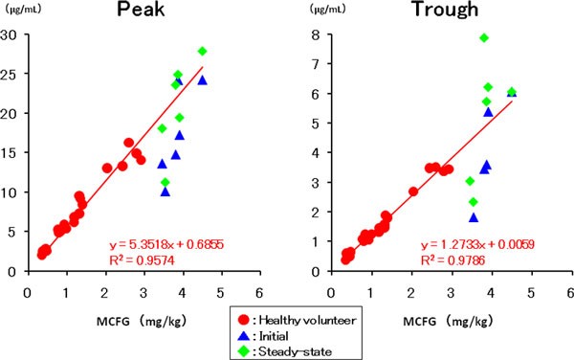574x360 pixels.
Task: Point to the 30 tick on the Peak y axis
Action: tap(14, 35)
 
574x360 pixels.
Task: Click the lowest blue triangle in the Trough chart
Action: tap(474, 217)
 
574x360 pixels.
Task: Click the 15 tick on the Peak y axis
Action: tap(14, 153)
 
